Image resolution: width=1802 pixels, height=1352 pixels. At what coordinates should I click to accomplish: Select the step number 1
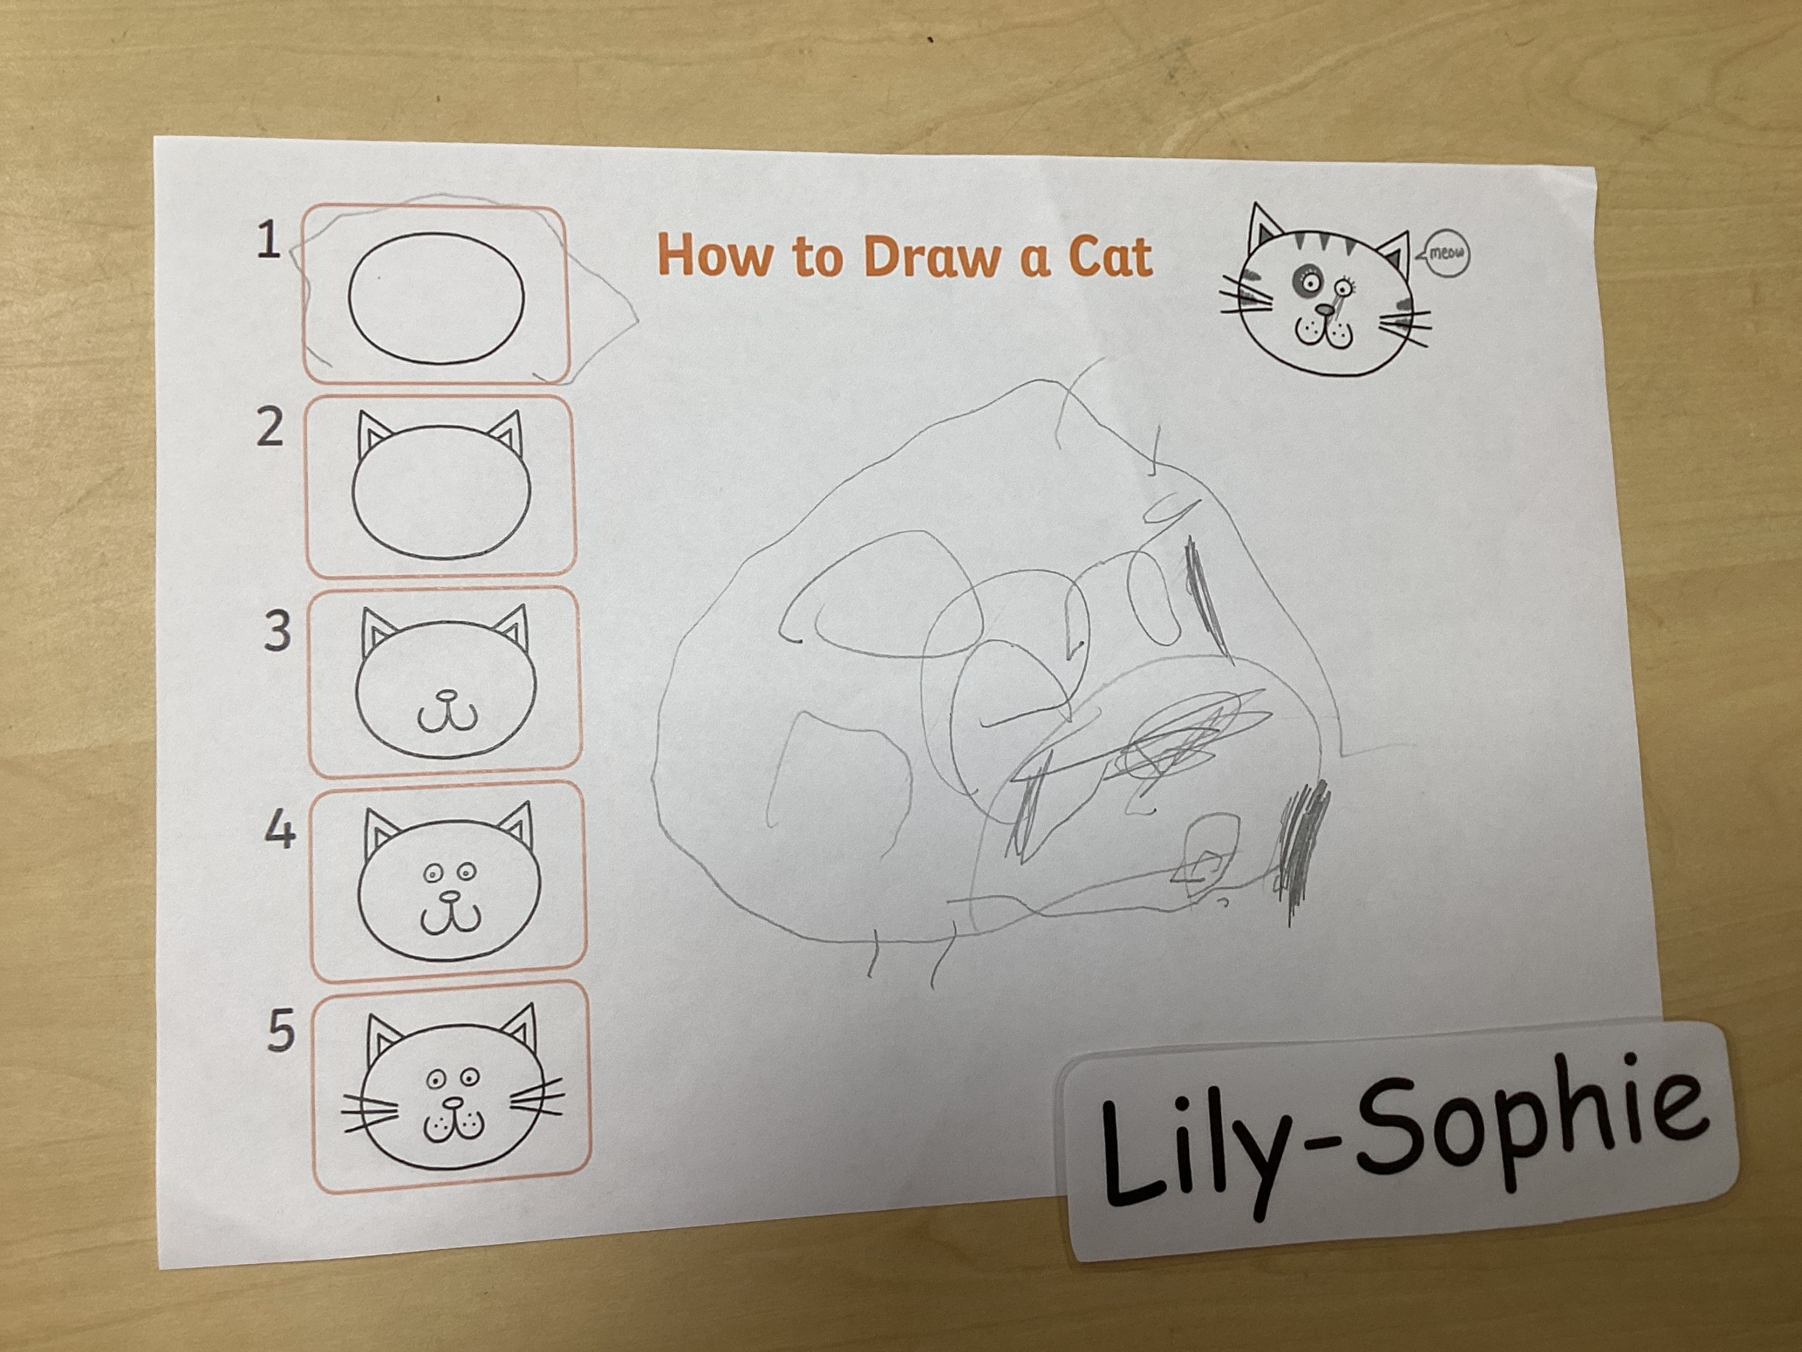coord(268,240)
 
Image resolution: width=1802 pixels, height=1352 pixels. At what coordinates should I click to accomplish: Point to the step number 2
coord(270,427)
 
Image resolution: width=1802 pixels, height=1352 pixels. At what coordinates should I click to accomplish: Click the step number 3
coord(278,632)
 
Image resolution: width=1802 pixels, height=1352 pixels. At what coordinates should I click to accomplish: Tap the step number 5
coord(281,1031)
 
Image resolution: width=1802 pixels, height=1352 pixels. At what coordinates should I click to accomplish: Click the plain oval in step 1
coord(437,298)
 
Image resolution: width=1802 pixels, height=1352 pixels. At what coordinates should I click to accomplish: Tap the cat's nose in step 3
coord(446,697)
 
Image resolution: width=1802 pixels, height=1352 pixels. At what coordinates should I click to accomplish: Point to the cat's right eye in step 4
coord(466,873)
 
